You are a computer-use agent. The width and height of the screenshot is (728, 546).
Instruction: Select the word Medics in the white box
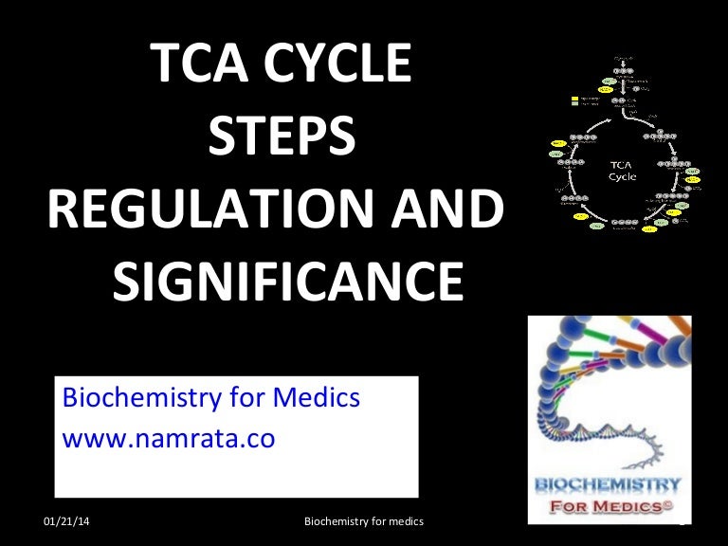(x=318, y=397)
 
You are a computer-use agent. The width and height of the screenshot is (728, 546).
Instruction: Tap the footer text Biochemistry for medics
(x=363, y=523)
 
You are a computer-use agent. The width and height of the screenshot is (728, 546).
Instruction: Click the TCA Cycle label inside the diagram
(x=623, y=171)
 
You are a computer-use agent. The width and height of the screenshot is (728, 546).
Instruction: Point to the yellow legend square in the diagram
(x=574, y=98)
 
